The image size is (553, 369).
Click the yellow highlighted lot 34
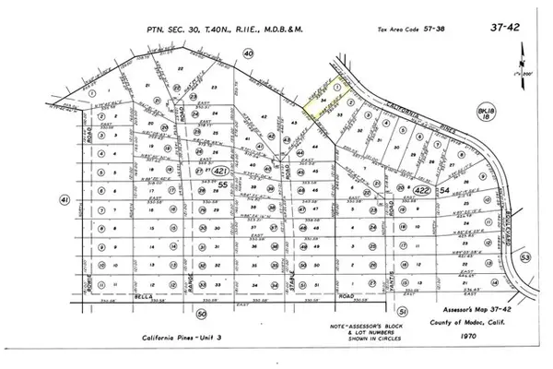(x=321, y=108)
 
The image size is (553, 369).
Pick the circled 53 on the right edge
(x=525, y=256)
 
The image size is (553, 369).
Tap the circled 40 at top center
(x=247, y=54)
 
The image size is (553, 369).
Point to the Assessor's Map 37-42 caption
(x=461, y=311)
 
